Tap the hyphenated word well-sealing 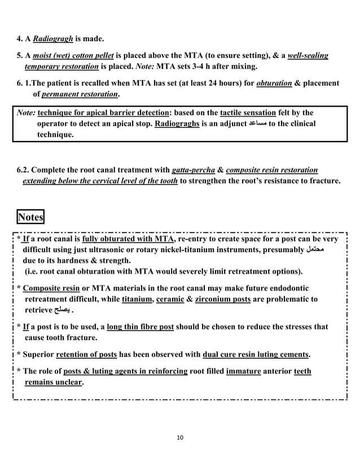point(308,56)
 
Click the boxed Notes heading point(30,217)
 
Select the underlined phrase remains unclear point(54,383)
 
